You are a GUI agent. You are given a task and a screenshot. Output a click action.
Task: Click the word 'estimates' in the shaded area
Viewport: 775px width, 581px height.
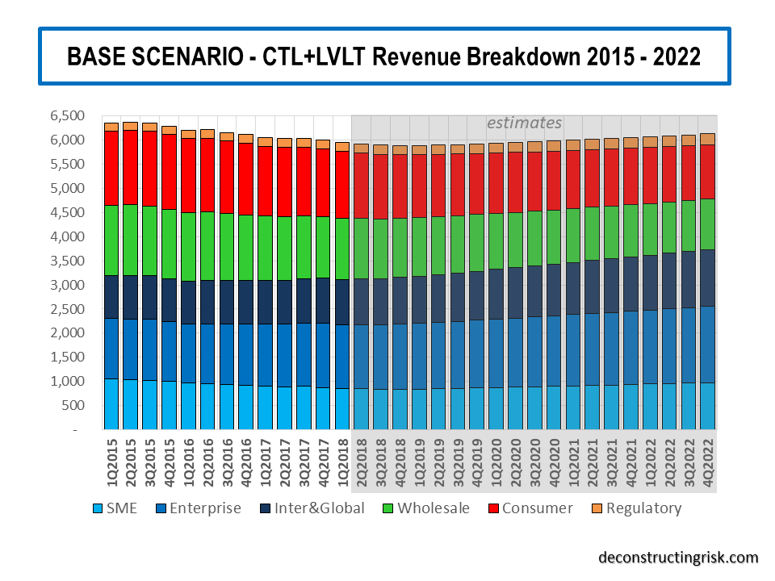tap(524, 123)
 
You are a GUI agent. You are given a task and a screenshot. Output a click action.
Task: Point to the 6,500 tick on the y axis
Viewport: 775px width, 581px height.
tap(66, 116)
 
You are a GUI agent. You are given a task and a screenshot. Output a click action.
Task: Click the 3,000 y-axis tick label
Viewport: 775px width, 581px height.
tap(66, 285)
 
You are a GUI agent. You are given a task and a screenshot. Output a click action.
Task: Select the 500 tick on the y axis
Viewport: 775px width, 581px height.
tap(73, 405)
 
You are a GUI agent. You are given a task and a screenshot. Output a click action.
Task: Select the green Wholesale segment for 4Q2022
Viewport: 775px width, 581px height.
tap(707, 224)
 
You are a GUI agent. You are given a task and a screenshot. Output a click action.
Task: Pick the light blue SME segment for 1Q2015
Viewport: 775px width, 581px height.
tap(111, 403)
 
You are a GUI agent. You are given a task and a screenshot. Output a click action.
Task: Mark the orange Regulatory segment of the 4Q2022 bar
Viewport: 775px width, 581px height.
tap(707, 139)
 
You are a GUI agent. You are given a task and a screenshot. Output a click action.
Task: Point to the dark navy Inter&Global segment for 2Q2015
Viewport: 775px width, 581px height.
tap(131, 297)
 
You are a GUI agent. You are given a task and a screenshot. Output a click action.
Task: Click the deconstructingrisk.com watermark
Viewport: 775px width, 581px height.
tap(678, 558)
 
